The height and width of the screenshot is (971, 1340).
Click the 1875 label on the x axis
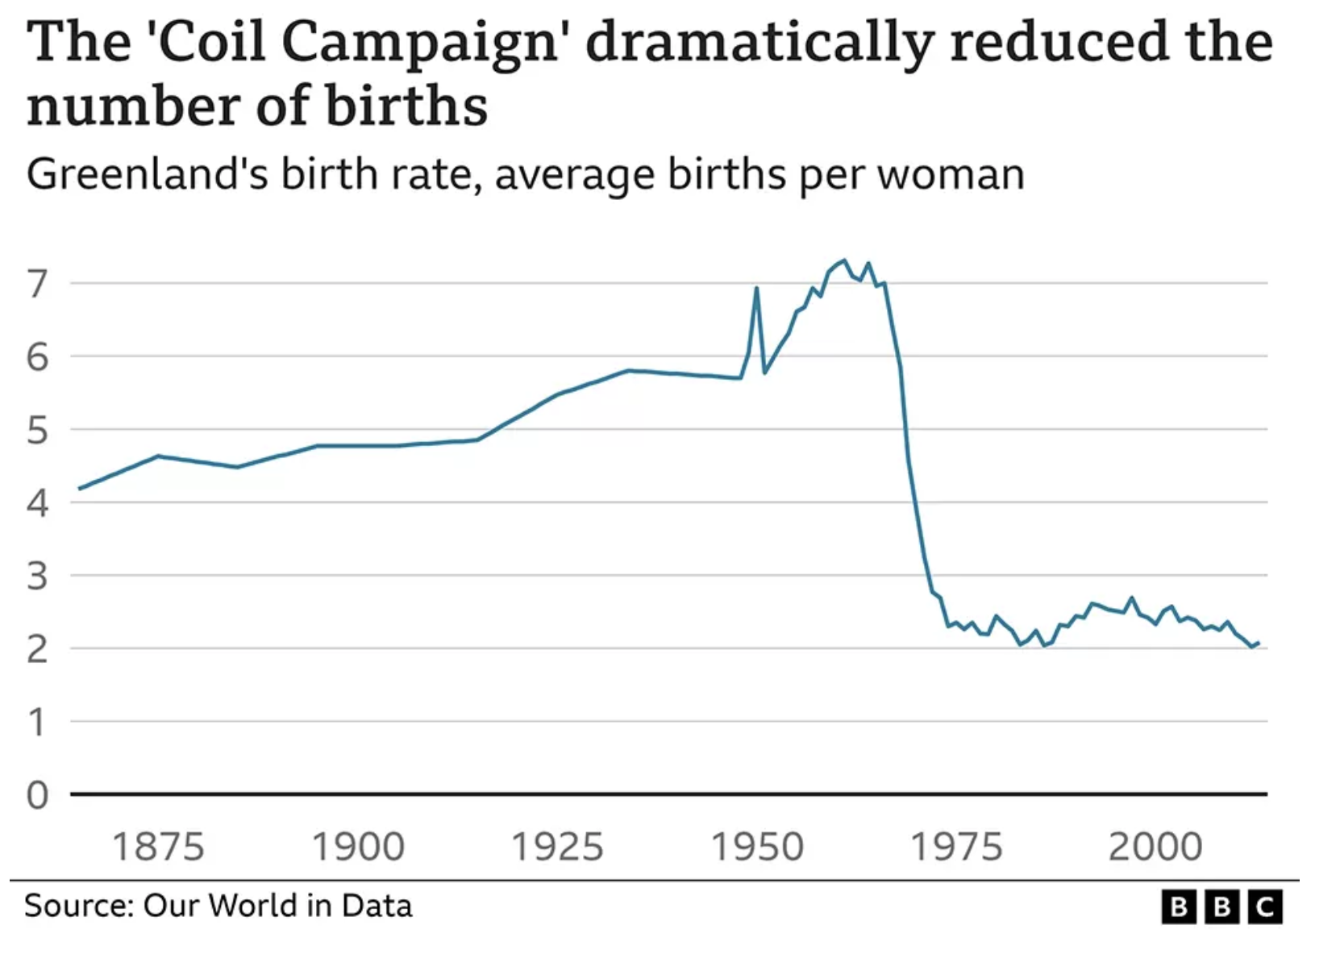pyautogui.click(x=158, y=847)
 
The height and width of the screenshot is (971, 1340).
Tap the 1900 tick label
pyautogui.click(x=357, y=847)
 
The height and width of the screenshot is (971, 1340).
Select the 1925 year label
pyautogui.click(x=557, y=847)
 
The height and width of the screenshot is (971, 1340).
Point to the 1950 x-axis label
pyautogui.click(x=757, y=847)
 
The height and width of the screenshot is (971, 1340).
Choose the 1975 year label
pyautogui.click(x=956, y=847)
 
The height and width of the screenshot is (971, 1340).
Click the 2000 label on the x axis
pyautogui.click(x=1155, y=847)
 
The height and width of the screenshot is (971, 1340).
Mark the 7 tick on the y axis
pyautogui.click(x=37, y=284)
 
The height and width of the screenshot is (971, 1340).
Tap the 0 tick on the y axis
pyautogui.click(x=37, y=795)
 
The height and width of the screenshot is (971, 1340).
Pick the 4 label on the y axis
pyautogui.click(x=37, y=503)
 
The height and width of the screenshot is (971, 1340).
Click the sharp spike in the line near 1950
pyautogui.click(x=756, y=288)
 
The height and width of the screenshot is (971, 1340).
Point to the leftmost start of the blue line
pyautogui.click(x=79, y=488)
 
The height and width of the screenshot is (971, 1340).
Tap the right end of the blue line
pyautogui.click(x=1259, y=643)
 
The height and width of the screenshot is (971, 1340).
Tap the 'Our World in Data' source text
pyautogui.click(x=277, y=906)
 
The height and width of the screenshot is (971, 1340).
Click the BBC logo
pyautogui.click(x=1221, y=907)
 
